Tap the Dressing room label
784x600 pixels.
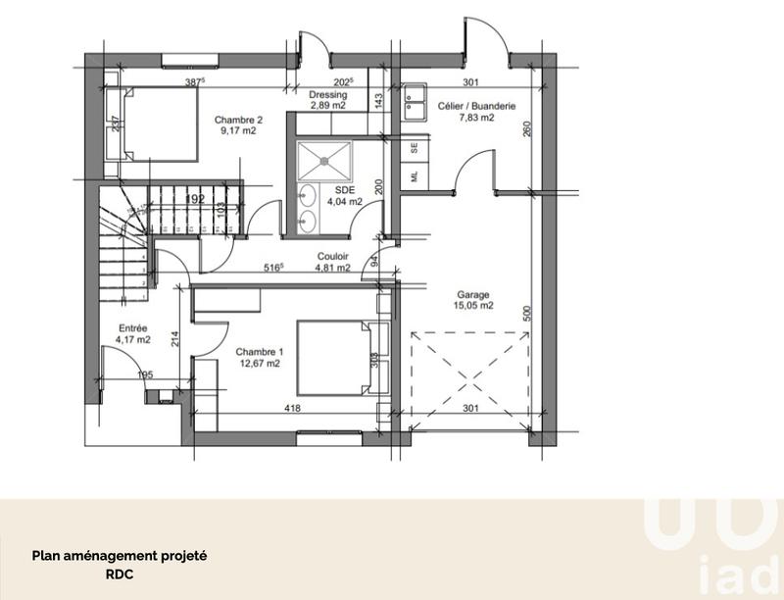point(328,95)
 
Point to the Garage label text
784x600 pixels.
point(473,294)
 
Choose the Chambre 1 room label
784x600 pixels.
point(260,353)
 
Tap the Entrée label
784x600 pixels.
point(134,329)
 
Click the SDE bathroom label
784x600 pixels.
point(344,191)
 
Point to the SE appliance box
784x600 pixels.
point(415,149)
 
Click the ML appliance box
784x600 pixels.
point(415,176)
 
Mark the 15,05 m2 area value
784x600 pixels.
point(473,305)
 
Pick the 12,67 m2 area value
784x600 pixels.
point(260,364)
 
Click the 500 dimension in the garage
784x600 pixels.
point(525,313)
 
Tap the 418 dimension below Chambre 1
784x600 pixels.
point(292,409)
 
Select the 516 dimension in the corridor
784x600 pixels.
point(273,267)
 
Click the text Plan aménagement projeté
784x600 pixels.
point(121,555)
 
